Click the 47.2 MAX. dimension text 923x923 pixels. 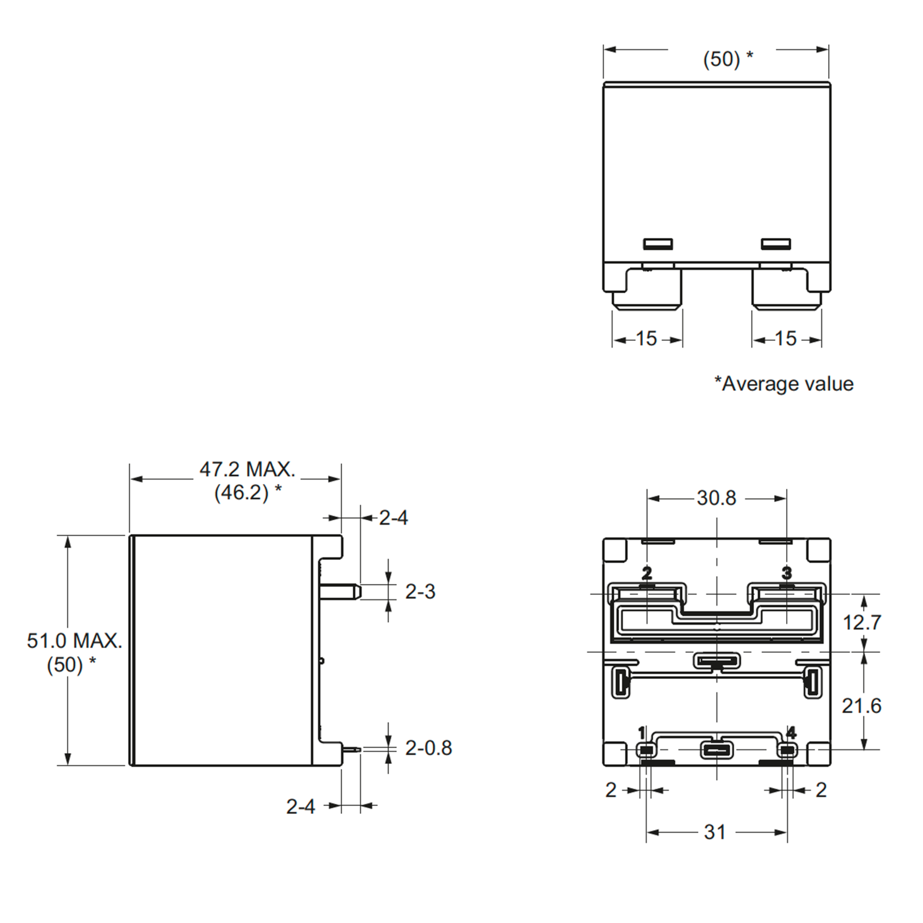point(247,470)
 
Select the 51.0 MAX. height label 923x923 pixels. point(75,641)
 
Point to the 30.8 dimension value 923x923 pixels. point(716,498)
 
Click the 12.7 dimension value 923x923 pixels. point(862,623)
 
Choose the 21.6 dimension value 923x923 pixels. point(861,706)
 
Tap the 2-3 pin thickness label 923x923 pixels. point(420,592)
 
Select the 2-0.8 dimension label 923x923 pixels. point(428,748)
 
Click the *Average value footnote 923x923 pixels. point(784,384)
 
